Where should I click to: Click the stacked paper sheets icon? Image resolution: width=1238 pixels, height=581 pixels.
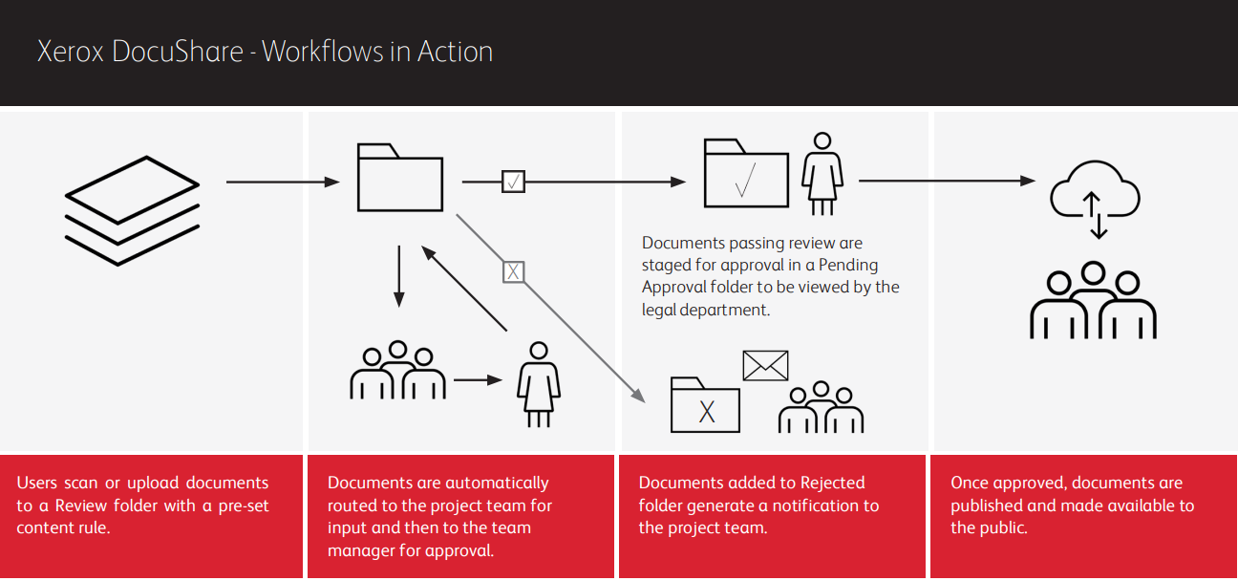click(x=132, y=209)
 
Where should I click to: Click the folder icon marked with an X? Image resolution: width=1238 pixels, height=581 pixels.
click(x=705, y=405)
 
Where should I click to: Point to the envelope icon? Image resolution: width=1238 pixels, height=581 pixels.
click(x=765, y=365)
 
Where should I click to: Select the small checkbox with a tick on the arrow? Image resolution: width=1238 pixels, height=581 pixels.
click(x=514, y=181)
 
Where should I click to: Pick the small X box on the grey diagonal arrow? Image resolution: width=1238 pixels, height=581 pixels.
click(x=514, y=271)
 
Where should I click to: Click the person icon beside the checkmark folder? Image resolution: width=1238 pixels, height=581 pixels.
click(x=820, y=173)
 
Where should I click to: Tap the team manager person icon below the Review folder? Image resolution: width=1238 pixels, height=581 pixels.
click(x=538, y=384)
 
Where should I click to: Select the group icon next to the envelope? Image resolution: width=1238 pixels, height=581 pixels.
click(x=821, y=408)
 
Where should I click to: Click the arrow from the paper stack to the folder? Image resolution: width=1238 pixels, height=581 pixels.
click(x=283, y=182)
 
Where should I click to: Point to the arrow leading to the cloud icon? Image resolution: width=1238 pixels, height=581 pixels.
click(x=947, y=181)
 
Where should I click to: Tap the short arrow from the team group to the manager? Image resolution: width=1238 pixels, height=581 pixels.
click(x=478, y=380)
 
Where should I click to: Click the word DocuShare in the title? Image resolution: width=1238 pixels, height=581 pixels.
click(x=178, y=51)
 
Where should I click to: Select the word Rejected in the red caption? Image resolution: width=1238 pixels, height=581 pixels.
click(x=827, y=483)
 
